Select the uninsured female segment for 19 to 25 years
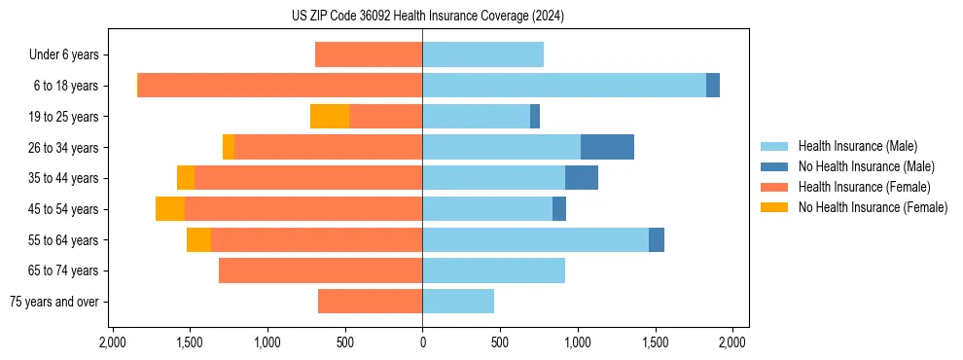330,117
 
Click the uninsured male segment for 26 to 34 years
607,147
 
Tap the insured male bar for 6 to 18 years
564,86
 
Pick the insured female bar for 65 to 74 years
320,270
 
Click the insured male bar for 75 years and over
458,302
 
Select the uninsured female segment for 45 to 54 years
170,209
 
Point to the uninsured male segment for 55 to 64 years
657,240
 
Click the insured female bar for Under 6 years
369,55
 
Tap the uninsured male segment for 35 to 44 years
582,178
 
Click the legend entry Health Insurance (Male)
857,146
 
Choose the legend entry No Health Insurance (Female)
873,207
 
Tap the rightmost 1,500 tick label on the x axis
655,342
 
